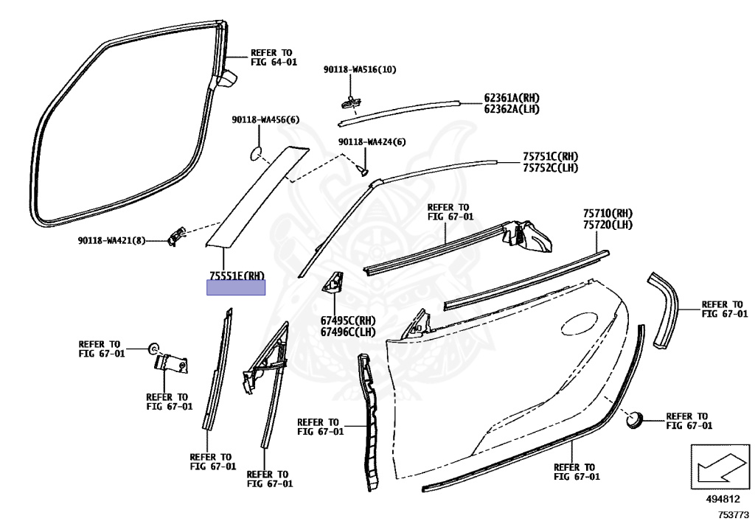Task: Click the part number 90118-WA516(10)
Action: coord(359,70)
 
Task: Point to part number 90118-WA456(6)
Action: coord(265,119)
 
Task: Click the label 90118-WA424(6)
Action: coord(372,141)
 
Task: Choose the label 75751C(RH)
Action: coord(550,156)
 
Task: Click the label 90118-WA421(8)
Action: coord(110,241)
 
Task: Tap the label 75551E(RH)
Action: coord(236,276)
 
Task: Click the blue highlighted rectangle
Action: coord(236,288)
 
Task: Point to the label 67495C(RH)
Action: coord(347,321)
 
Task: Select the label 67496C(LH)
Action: coord(347,332)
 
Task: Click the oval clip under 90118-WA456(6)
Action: coord(255,153)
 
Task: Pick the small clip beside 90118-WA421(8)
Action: coord(175,235)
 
